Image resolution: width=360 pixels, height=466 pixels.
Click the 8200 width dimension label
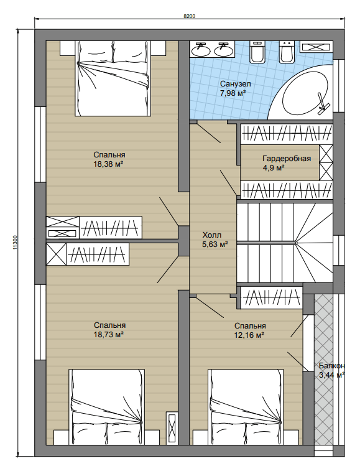(x=189, y=16)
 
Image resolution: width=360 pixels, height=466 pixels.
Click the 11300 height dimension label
(x=15, y=243)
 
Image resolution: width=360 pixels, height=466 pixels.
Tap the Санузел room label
(x=235, y=84)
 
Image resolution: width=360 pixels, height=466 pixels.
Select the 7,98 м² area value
(x=233, y=93)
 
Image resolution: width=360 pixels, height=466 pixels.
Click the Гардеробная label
(x=287, y=159)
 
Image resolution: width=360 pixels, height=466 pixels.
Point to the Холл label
(x=212, y=235)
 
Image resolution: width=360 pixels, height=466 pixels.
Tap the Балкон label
(x=331, y=366)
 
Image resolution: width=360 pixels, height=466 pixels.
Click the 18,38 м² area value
(x=108, y=164)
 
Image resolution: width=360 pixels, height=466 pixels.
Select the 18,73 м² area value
(x=108, y=335)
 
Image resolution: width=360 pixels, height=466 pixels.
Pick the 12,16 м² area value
(x=249, y=335)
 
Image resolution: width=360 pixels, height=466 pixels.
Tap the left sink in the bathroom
(x=200, y=49)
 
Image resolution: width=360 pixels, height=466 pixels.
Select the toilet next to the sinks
(x=257, y=52)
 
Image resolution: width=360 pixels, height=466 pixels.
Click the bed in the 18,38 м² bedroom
(x=113, y=78)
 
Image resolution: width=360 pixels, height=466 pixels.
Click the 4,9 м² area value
(x=274, y=168)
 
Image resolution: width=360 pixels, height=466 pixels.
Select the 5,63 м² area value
(x=215, y=245)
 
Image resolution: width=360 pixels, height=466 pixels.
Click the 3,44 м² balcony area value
(x=331, y=375)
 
